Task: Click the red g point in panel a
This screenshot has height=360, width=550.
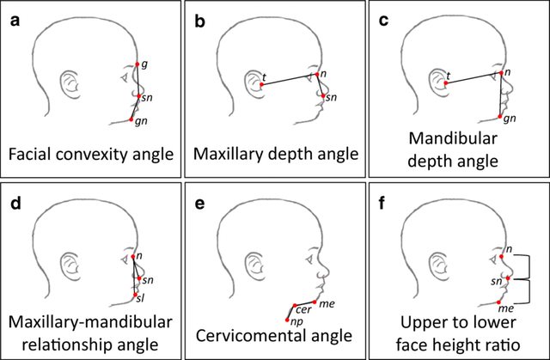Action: tap(137, 64)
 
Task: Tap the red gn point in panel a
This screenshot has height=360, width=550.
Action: tap(131, 119)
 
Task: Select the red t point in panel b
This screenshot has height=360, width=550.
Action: tap(260, 84)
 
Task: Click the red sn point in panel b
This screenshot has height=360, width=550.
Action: tap(323, 95)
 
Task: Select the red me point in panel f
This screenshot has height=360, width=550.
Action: tap(502, 302)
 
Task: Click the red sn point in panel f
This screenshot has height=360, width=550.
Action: tap(508, 278)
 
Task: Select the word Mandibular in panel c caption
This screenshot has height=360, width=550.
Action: tap(456, 138)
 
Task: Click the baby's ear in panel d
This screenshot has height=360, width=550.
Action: tap(70, 266)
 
